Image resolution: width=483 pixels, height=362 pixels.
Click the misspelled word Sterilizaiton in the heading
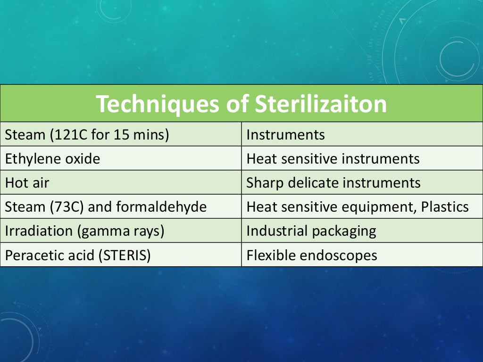[321, 104]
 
